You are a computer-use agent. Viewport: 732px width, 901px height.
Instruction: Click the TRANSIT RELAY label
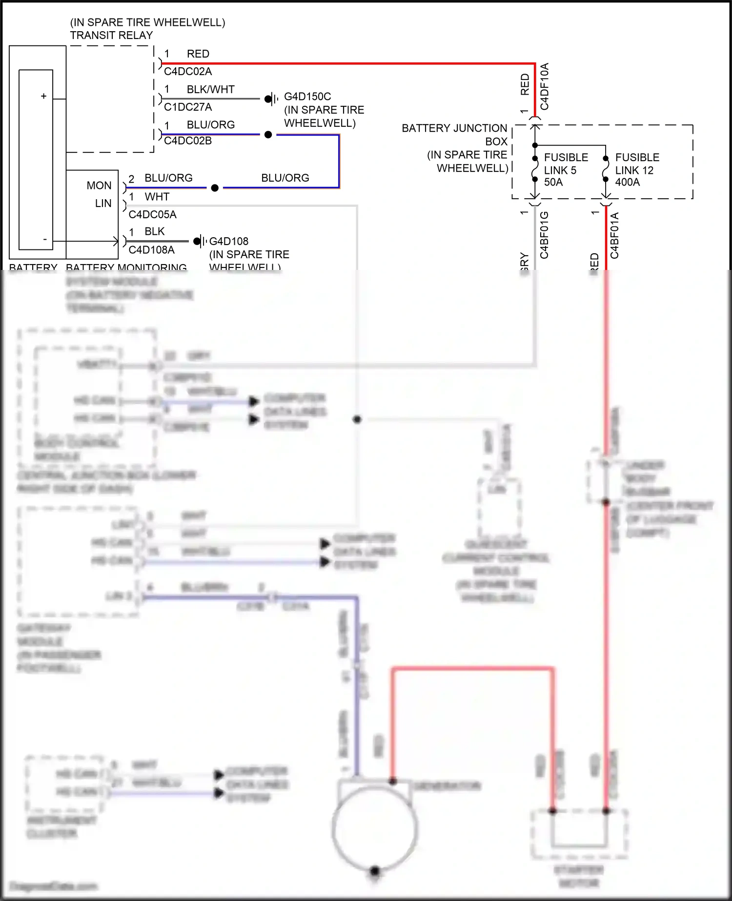pos(111,35)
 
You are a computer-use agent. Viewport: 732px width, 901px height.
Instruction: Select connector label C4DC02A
pos(188,71)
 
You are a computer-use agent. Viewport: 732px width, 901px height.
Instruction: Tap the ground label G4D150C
pos(307,97)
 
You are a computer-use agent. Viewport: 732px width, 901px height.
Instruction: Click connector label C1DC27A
pos(188,107)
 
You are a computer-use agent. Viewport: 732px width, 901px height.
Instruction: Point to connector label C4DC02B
pos(188,141)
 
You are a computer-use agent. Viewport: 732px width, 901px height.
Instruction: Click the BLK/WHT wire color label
pos(210,89)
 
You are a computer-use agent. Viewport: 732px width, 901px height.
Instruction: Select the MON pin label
pos(99,185)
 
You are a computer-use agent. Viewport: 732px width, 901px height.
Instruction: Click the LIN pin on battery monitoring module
pos(103,203)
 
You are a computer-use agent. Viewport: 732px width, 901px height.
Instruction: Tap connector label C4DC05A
pos(152,214)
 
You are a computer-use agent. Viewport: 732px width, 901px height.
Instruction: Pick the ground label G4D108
pos(228,241)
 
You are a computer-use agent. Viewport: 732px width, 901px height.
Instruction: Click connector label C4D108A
pos(151,250)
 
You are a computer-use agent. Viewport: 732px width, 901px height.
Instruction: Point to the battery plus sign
pos(44,96)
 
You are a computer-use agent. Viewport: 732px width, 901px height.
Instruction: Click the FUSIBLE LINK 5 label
pos(566,164)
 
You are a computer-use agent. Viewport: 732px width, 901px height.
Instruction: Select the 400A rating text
pos(627,182)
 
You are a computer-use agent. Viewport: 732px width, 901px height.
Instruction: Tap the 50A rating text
pos(553,182)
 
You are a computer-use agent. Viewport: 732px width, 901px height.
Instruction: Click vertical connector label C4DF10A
pos(545,86)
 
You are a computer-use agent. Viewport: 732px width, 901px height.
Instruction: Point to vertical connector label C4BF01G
pos(545,235)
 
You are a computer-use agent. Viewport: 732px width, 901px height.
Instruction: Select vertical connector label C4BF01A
pos(614,235)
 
